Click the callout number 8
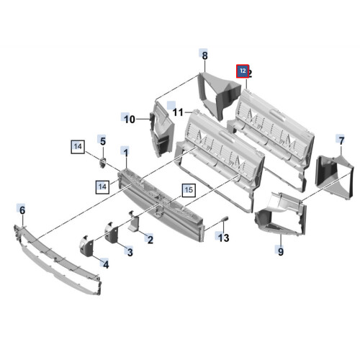coord(204,55)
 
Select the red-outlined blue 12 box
coord(243,71)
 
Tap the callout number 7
coord(341,140)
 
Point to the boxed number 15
coord(189,190)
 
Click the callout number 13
coord(223,238)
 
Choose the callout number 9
coord(281,252)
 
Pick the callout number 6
coord(22,210)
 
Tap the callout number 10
coord(130,120)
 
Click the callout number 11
coord(178,112)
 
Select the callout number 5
coord(103,141)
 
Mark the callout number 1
coord(126,152)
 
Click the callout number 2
coord(150,240)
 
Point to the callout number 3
coord(130,252)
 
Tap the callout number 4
coord(106,264)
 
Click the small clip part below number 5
coord(103,163)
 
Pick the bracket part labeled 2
coord(134,221)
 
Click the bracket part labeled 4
coord(86,246)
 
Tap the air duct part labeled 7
coord(334,177)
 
